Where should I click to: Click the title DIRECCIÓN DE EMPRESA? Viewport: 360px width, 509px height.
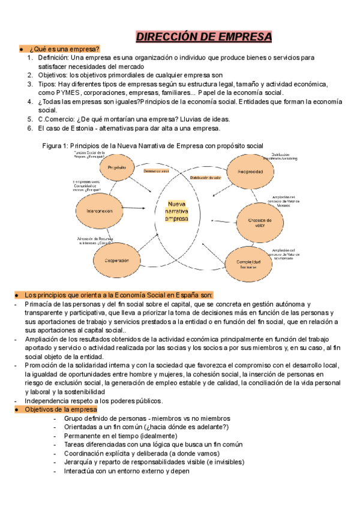point(204,37)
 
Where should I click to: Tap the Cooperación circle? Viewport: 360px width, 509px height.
point(117,260)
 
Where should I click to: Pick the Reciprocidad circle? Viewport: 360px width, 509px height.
point(250,172)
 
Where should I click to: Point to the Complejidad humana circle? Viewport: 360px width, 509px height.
point(248,262)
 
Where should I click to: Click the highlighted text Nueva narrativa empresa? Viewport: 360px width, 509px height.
point(177,211)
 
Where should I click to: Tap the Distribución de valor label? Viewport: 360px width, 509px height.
point(206,178)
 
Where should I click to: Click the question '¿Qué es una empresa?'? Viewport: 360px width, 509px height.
point(62,49)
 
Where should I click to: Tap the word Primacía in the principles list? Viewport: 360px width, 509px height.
point(40,304)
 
